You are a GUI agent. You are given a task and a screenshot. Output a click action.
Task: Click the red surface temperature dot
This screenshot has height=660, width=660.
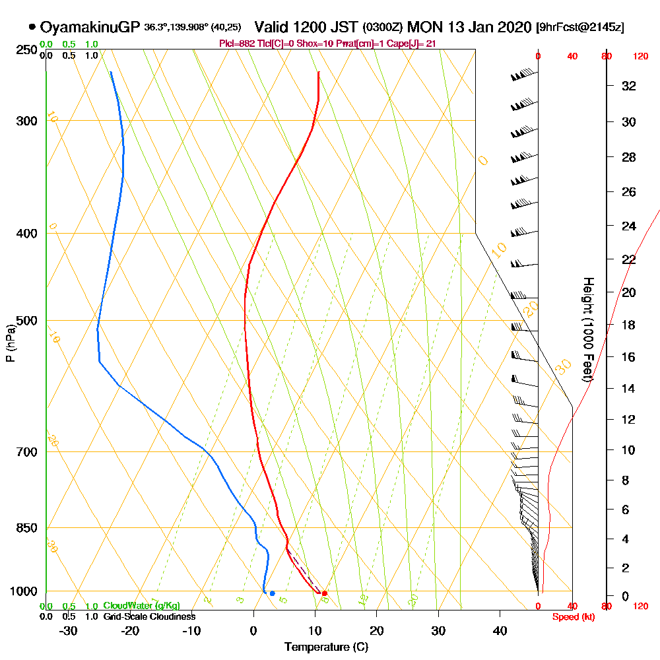pyautogui.click(x=324, y=593)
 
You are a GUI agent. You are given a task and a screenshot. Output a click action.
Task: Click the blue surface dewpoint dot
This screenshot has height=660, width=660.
pyautogui.click(x=272, y=593)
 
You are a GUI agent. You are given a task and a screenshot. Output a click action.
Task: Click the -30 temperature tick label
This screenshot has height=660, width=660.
pyautogui.click(x=69, y=630)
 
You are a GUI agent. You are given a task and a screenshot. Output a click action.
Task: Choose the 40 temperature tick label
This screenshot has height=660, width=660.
pyautogui.click(x=500, y=630)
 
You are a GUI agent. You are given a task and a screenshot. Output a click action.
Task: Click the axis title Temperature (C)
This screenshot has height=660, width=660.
pyautogui.click(x=326, y=647)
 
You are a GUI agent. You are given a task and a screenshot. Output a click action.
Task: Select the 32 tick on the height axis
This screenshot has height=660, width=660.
pyautogui.click(x=629, y=86)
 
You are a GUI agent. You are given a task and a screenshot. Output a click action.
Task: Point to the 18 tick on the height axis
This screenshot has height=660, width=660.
pyautogui.click(x=629, y=325)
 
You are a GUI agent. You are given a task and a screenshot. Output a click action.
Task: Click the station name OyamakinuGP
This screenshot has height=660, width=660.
pyautogui.click(x=90, y=27)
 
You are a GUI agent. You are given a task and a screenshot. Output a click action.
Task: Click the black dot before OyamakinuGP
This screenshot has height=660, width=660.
pyautogui.click(x=32, y=27)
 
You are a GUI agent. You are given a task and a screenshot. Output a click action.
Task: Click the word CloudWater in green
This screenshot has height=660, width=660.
pyautogui.click(x=125, y=606)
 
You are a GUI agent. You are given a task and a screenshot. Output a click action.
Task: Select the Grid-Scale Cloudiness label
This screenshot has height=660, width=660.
pyautogui.click(x=149, y=616)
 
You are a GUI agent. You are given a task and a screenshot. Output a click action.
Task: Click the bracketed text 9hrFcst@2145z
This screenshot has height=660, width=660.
pyautogui.click(x=581, y=28)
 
